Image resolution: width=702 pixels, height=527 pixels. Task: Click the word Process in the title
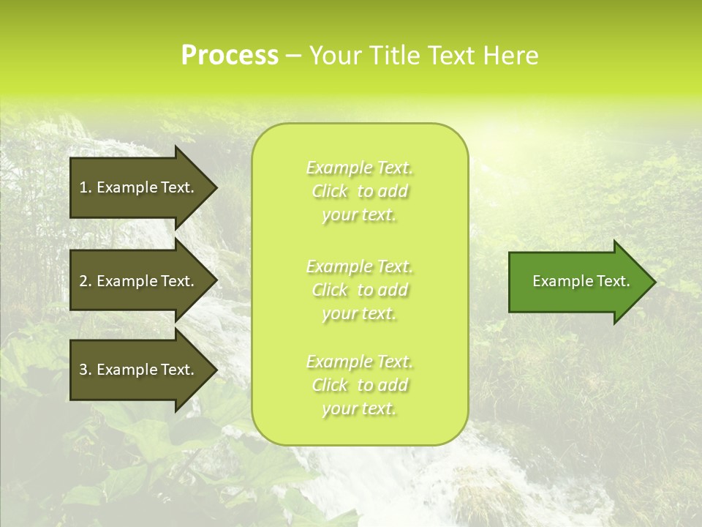(x=230, y=56)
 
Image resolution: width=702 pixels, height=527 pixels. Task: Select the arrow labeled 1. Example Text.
(x=139, y=187)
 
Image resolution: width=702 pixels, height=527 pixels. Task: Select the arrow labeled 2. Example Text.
(x=139, y=281)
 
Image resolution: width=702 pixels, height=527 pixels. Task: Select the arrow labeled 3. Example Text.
(x=139, y=370)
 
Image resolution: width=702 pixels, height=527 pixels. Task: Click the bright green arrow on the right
(x=578, y=282)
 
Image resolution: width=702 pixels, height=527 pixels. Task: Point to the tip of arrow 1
(x=216, y=187)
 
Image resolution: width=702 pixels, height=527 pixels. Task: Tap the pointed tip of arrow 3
(x=216, y=370)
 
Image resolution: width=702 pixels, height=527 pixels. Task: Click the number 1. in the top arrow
(x=85, y=187)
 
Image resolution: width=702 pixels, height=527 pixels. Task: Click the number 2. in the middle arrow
(x=85, y=281)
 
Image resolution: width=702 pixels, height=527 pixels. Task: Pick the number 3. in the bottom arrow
(x=85, y=370)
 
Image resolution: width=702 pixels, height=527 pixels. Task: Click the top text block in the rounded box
(x=359, y=191)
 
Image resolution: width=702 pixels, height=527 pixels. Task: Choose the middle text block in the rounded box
(x=359, y=290)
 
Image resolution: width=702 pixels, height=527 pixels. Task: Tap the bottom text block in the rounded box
(x=359, y=385)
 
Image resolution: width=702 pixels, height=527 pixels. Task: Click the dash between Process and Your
(x=294, y=56)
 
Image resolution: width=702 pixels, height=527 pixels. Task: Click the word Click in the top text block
(x=331, y=192)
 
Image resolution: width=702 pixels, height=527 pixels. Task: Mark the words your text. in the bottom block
(x=359, y=409)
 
